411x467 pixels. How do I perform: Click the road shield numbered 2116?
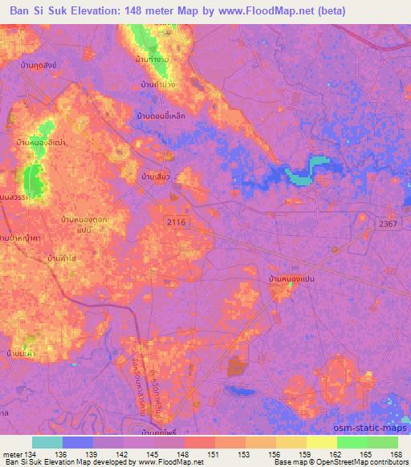177,220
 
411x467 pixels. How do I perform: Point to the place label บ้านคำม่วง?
158,84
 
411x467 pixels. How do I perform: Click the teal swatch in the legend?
47,443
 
